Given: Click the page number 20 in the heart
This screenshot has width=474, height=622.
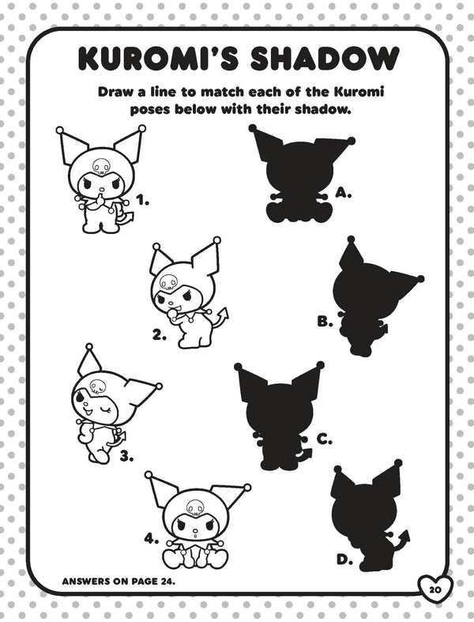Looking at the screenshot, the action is (x=434, y=590).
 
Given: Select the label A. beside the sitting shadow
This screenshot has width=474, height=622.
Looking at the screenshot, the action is (x=344, y=193).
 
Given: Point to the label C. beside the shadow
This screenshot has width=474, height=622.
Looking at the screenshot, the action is (x=325, y=439).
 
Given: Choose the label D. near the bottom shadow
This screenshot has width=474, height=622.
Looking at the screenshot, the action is (x=345, y=560).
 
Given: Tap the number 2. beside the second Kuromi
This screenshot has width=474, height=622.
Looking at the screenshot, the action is (x=160, y=336).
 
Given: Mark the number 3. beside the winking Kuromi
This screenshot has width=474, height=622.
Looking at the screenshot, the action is (x=126, y=457).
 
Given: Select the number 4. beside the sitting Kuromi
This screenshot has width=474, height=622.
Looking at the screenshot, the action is (x=152, y=539).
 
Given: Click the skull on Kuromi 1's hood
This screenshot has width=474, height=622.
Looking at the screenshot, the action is (x=100, y=166).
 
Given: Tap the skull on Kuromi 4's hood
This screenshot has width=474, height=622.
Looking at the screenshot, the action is (x=195, y=507).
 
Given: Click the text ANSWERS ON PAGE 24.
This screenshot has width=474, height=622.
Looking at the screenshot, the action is (x=118, y=582).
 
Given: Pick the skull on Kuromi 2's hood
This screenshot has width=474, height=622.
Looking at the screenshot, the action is (x=167, y=281).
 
